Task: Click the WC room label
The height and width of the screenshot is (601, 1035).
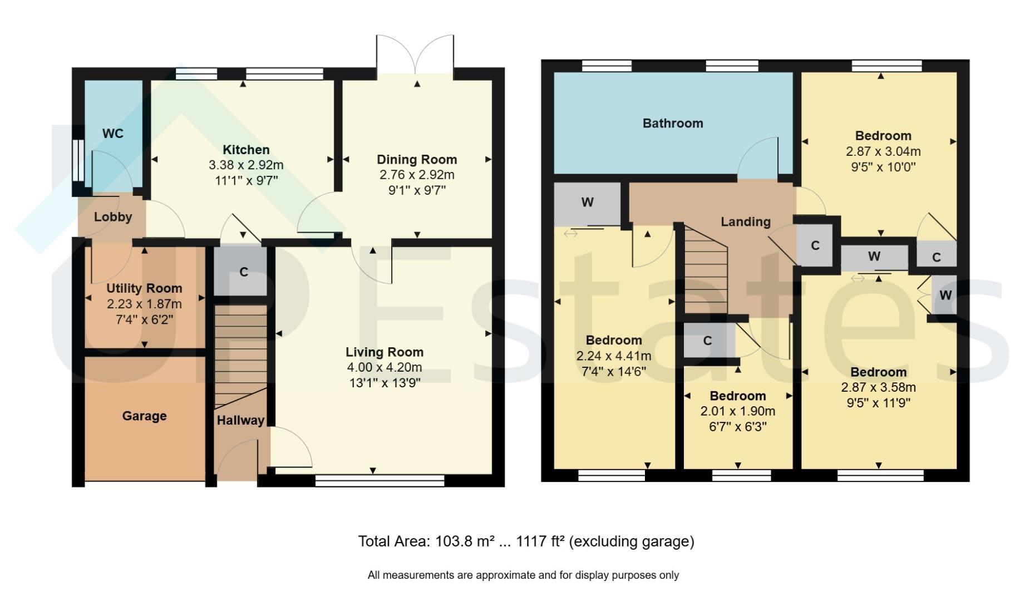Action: (x=113, y=134)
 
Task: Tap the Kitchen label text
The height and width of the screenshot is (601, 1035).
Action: (x=246, y=150)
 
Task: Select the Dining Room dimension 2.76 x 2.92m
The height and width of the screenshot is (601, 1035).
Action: (x=417, y=175)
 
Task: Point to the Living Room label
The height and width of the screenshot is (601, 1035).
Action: (x=385, y=352)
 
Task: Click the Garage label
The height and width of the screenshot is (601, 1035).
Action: (x=144, y=416)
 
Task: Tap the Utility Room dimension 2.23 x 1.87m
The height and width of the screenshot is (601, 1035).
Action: (x=144, y=304)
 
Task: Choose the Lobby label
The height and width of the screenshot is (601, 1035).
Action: (x=113, y=217)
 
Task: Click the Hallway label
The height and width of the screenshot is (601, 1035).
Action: (x=240, y=420)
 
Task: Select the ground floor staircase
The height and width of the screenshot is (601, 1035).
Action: (x=241, y=356)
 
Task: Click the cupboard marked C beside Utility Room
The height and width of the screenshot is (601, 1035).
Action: (x=241, y=271)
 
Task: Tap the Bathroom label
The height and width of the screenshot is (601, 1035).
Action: (x=673, y=124)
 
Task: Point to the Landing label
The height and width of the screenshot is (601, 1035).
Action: (x=746, y=222)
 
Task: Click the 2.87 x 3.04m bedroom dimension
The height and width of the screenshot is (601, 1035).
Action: (x=883, y=151)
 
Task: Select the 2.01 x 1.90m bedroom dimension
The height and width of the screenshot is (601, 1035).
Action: (x=737, y=412)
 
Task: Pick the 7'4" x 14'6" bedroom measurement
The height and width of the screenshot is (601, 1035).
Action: (x=614, y=372)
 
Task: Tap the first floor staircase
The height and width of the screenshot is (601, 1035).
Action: (x=706, y=269)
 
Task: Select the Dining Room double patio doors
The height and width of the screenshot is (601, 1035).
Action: (x=415, y=54)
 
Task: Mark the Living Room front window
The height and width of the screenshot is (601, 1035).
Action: (x=380, y=480)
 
